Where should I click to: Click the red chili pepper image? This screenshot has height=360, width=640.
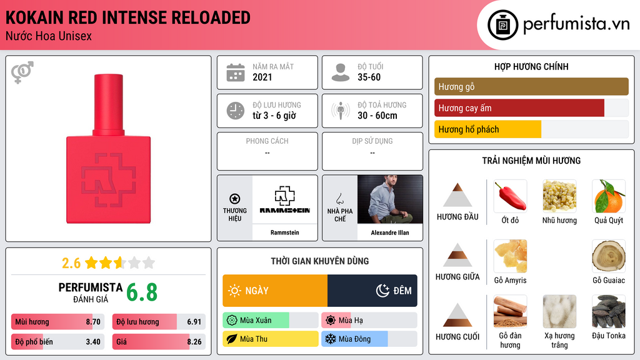point(510,196)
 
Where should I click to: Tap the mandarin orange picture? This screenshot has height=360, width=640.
point(609,196)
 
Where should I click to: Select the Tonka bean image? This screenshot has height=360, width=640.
point(609,312)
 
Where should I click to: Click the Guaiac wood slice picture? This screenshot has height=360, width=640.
point(609,256)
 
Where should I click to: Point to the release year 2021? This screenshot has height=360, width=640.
point(262,77)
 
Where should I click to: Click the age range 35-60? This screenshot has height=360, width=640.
point(369,77)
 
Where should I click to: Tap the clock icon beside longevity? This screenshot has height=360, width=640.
point(236,111)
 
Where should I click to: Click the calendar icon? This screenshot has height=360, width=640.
point(236,72)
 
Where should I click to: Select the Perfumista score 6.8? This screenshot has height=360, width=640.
point(142,292)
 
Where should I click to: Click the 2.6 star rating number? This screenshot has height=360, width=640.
point(71,263)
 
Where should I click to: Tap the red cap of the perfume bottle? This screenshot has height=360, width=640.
point(109,104)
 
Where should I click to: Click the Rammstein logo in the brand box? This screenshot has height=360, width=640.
point(284,200)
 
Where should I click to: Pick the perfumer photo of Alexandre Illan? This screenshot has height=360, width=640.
point(390,199)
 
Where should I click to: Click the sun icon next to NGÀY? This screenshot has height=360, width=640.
point(234,291)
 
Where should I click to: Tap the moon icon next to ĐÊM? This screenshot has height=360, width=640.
point(382,291)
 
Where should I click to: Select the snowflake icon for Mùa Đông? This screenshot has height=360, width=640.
point(330,339)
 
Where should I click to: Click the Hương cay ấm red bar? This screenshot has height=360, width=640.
point(519,108)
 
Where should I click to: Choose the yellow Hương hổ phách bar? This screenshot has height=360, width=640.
point(487,129)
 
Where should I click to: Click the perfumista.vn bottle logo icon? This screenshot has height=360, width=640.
point(503,25)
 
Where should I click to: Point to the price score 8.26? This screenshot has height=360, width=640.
point(194,342)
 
